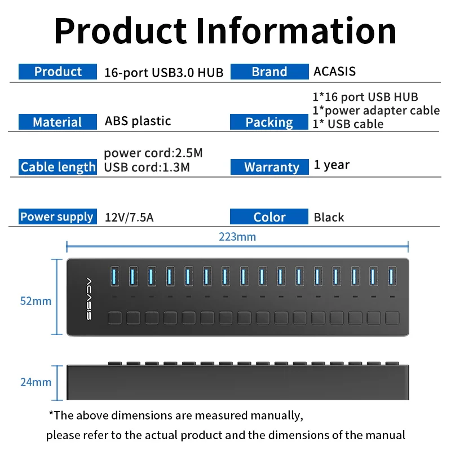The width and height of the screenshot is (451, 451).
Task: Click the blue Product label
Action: pyautogui.click(x=58, y=72)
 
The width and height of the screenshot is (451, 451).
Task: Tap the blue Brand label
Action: pyautogui.click(x=269, y=72)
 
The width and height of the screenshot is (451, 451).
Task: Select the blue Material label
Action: pyautogui.click(x=58, y=122)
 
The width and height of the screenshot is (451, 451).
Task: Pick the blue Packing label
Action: pyautogui.click(x=269, y=122)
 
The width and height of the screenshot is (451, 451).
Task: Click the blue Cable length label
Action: pyautogui.click(x=58, y=167)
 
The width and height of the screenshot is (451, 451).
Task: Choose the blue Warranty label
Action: pyautogui.click(x=269, y=167)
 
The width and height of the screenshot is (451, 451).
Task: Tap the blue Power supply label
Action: pyautogui.click(x=58, y=216)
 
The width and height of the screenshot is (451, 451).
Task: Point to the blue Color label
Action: pyautogui.click(x=269, y=216)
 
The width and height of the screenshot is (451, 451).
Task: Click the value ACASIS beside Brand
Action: pyautogui.click(x=334, y=72)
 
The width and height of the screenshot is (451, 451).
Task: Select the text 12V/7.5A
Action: pyautogui.click(x=129, y=218)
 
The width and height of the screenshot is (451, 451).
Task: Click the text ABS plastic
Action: pyautogui.click(x=138, y=121)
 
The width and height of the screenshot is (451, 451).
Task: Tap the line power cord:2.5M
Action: pyautogui.click(x=153, y=153)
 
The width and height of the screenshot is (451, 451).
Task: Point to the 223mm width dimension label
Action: pyautogui.click(x=237, y=237)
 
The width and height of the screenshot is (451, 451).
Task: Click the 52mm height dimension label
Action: pyautogui.click(x=36, y=301)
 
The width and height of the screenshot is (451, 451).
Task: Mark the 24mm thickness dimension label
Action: pyautogui.click(x=36, y=382)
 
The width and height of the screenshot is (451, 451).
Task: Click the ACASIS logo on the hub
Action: pyautogui.click(x=89, y=299)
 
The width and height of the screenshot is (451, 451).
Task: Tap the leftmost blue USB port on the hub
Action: pyautogui.click(x=115, y=276)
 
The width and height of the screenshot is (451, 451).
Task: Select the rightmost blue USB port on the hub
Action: pyautogui.click(x=392, y=276)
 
